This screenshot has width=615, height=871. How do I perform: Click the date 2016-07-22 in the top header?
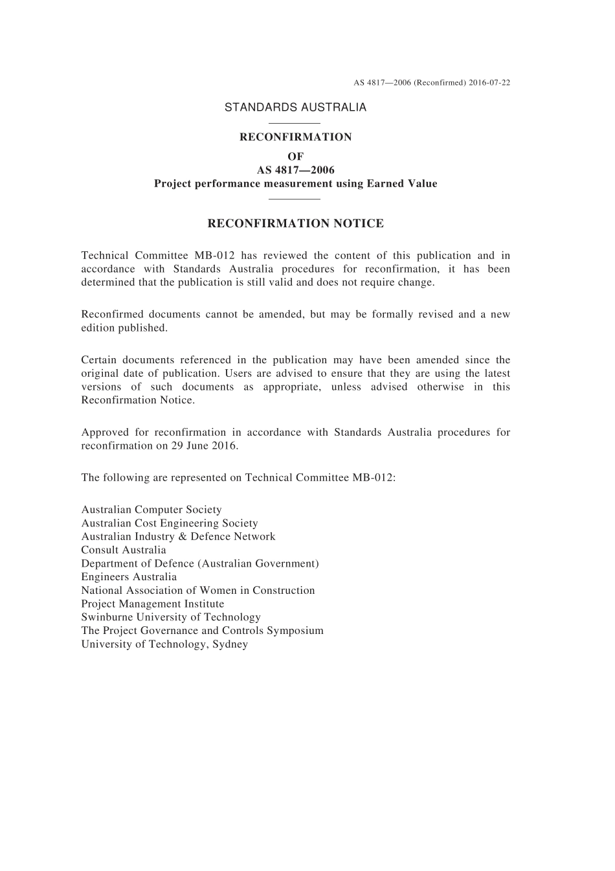point(489,82)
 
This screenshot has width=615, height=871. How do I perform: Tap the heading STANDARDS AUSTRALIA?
point(295,107)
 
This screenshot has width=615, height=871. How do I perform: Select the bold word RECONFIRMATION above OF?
point(295,137)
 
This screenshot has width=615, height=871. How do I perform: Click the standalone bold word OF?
point(295,156)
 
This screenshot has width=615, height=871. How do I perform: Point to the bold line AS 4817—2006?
point(295,170)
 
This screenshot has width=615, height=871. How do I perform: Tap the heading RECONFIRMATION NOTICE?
point(295,224)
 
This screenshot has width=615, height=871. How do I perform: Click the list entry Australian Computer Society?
point(151,510)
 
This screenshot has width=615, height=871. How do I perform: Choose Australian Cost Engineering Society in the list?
point(170,523)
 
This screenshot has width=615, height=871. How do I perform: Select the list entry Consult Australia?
point(124,550)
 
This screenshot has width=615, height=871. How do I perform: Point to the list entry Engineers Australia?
point(129,577)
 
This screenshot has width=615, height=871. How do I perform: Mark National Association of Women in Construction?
point(198,591)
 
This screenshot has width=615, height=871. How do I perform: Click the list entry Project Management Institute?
point(153,604)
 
